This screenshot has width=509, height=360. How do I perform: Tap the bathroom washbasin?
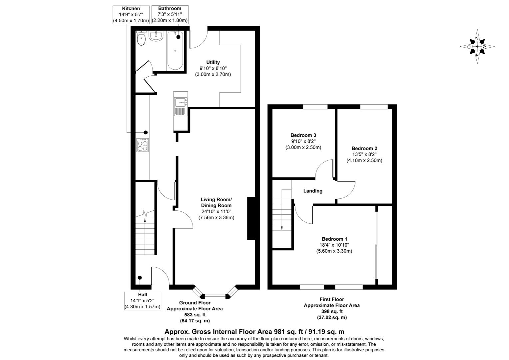click(x=156, y=36)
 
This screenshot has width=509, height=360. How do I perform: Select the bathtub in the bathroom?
click(x=175, y=51)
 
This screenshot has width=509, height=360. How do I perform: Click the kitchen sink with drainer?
click(x=181, y=107)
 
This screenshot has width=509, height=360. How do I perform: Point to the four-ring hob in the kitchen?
click(x=143, y=145)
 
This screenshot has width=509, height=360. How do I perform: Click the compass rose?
click(x=477, y=47)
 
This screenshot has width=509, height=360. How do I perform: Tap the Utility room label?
click(x=213, y=62)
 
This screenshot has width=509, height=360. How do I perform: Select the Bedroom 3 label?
click(x=303, y=135)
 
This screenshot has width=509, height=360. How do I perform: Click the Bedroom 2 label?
click(x=364, y=148)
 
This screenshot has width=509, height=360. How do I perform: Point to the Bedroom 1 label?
click(x=334, y=239)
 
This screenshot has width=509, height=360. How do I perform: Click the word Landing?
click(x=313, y=191)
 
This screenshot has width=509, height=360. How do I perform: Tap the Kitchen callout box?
click(x=131, y=15)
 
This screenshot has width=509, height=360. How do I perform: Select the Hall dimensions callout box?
click(x=143, y=301)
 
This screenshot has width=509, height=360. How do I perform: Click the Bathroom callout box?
click(x=170, y=15)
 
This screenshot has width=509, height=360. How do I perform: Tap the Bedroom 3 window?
click(x=315, y=107)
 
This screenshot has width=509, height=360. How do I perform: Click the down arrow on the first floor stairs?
click(x=282, y=228)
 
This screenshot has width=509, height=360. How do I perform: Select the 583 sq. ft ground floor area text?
click(x=195, y=315)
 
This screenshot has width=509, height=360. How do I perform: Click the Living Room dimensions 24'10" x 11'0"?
click(x=216, y=211)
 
